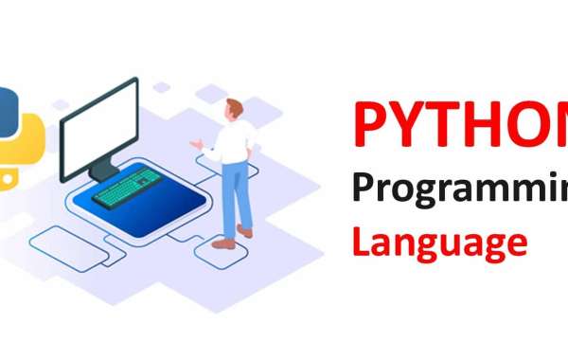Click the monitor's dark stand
pos(101,171)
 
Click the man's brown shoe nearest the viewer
pos(222,243)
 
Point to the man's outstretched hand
pos(195,145)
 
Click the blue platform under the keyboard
pos(142,204)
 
